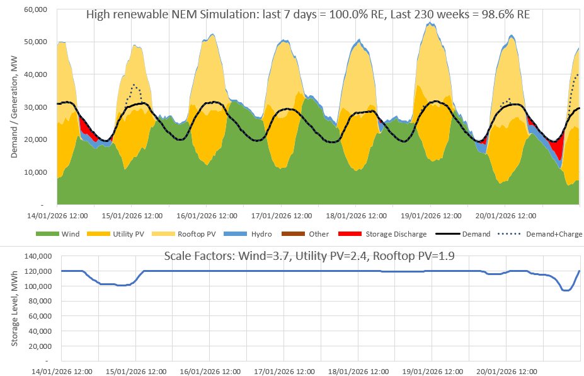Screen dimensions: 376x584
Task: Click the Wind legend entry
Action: point(70,234)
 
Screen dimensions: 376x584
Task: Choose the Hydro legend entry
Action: point(260,234)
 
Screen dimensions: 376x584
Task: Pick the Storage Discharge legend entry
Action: point(396,234)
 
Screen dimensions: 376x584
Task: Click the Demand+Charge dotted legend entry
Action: point(556,234)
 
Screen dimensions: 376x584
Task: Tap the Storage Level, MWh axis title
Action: point(14,309)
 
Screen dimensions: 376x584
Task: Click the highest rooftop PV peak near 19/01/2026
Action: point(430,23)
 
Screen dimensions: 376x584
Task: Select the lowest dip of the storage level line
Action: point(566,290)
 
